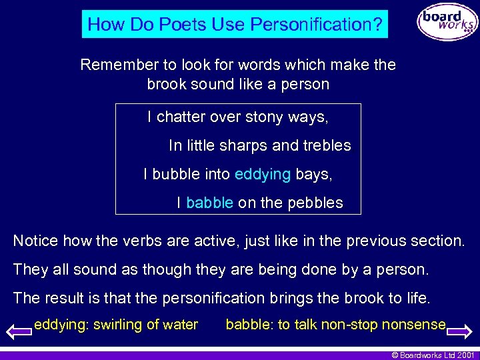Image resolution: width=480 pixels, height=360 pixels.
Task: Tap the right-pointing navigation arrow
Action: pos(459,330)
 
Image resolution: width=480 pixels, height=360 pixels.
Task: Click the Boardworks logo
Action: pos(448,22)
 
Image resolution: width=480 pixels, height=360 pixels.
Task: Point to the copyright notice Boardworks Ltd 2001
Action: pos(433,354)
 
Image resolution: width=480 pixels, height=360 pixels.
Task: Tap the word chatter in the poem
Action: pos(181,117)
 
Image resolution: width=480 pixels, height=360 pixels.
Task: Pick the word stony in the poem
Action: pos(265,117)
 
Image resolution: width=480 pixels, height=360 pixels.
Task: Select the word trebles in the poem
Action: pos(327,145)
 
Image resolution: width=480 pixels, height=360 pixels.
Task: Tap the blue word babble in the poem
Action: pos(209,203)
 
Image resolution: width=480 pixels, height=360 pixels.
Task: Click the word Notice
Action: pos(35,241)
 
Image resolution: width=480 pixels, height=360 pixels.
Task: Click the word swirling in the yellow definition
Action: pos(119,325)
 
